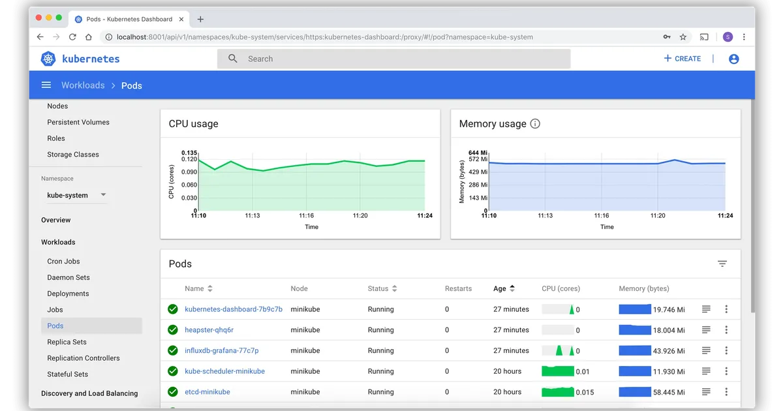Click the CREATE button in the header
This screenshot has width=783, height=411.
point(683,59)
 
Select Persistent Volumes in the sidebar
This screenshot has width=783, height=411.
point(78,122)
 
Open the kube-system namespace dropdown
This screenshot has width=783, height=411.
point(76,195)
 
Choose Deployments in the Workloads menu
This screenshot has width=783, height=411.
point(68,294)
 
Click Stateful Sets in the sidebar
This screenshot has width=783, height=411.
point(68,374)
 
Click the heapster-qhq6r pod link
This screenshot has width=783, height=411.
point(209,330)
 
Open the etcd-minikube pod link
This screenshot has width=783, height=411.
point(207,392)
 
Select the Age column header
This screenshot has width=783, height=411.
point(500,288)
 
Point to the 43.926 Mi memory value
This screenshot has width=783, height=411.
point(669,350)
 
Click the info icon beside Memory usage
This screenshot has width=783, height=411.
point(535,124)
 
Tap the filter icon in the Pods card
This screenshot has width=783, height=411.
point(722,264)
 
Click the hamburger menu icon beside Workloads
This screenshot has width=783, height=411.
point(46,85)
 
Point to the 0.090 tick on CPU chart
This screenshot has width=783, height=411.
point(189,172)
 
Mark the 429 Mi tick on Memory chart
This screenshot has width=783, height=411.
point(478,172)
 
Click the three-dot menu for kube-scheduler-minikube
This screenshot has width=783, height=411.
point(726,371)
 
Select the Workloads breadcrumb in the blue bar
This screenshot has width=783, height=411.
point(83,85)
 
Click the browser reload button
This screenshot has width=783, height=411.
point(72,37)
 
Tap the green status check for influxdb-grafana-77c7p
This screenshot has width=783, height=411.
point(173,350)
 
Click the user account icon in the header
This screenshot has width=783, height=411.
point(734,59)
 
